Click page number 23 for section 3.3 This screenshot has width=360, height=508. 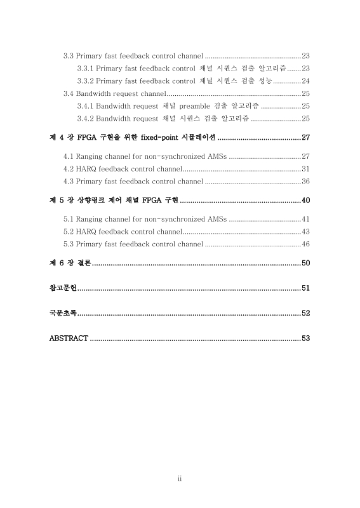(305, 56)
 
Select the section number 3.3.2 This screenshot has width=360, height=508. (85, 81)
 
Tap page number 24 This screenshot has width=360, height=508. (305, 81)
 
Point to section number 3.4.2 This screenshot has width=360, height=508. (85, 118)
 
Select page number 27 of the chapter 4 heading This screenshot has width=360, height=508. (305, 138)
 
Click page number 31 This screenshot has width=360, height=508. (305, 169)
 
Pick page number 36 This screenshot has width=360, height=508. (305, 182)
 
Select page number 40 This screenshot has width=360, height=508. (305, 201)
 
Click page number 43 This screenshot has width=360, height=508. (305, 232)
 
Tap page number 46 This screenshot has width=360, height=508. (305, 244)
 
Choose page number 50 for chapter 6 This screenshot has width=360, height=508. (305, 263)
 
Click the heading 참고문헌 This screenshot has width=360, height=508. (63, 288)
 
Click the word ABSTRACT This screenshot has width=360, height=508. (69, 338)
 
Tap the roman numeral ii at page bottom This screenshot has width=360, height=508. (180, 479)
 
